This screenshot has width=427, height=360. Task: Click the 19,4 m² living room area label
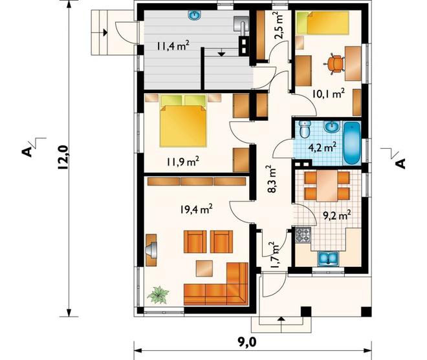pyautogui.click(x=196, y=209)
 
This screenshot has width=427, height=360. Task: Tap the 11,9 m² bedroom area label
pyautogui.click(x=182, y=162)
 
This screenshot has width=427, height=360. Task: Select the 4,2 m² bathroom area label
pyautogui.click(x=322, y=147)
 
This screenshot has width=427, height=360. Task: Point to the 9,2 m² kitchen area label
pyautogui.click(x=336, y=215)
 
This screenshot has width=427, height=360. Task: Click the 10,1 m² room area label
pyautogui.click(x=329, y=94)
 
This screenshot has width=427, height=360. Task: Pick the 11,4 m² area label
pyautogui.click(x=173, y=45)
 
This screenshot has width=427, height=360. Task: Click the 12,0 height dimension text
pyautogui.click(x=63, y=158)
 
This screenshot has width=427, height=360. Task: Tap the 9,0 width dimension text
pyautogui.click(x=246, y=343)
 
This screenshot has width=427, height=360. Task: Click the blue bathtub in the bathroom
pyautogui.click(x=352, y=143)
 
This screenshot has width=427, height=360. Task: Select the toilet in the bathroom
pyautogui.click(x=305, y=129)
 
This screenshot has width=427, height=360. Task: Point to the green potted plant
pyautogui.click(x=158, y=295)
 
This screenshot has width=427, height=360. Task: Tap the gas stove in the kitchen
pyautogui.click(x=303, y=235)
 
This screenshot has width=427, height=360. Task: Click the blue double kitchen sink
pyautogui.click(x=328, y=259)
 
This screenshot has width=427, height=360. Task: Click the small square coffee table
pyautogui.click(x=204, y=269)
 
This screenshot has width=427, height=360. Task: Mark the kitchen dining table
pyautogui.click(x=327, y=186)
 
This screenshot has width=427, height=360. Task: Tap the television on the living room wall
pyautogui.click(x=151, y=249)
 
